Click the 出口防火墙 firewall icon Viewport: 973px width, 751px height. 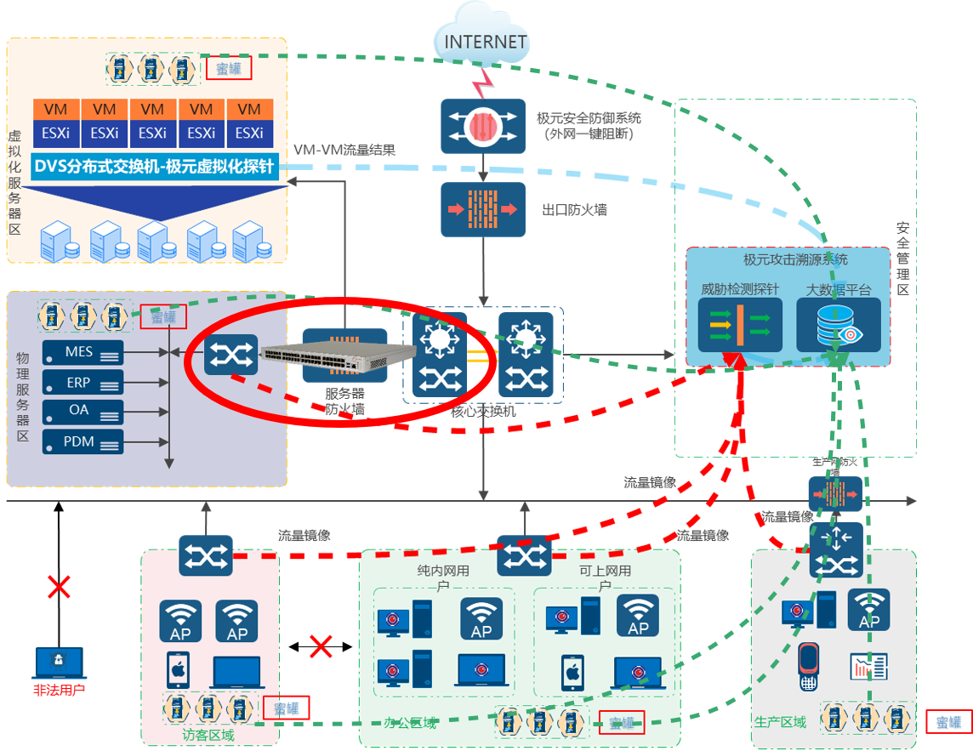483,209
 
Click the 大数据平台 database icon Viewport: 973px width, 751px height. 838,323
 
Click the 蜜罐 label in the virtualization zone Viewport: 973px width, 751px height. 229,68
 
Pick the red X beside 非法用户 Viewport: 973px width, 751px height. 59,587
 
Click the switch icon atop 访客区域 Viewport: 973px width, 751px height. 206,556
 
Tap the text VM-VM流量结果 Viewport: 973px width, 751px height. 344,150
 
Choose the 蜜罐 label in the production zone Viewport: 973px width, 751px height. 948,722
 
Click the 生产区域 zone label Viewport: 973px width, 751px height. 780,722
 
